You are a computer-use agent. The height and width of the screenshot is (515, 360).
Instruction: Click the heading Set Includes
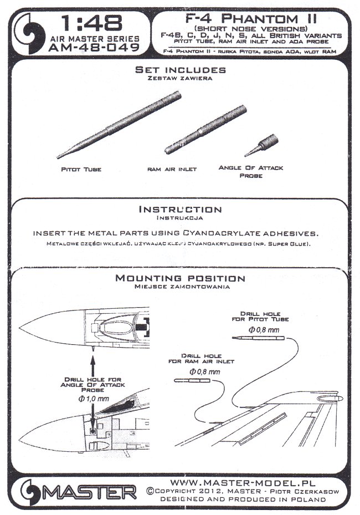[x=181, y=70]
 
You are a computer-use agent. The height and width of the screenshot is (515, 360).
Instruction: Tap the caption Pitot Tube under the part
[x=81, y=169]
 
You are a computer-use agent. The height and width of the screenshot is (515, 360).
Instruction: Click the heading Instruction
[x=180, y=210]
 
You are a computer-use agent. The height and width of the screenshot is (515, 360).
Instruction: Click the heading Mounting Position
[x=180, y=278]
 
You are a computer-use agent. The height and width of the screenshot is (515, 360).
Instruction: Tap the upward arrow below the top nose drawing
[x=92, y=367]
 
